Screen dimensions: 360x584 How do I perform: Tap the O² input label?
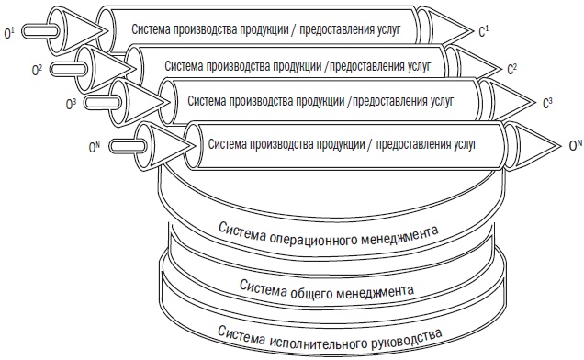click(x=36, y=67)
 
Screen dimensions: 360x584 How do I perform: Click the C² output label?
click(x=512, y=68)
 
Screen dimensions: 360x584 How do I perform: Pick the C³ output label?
click(x=547, y=102)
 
